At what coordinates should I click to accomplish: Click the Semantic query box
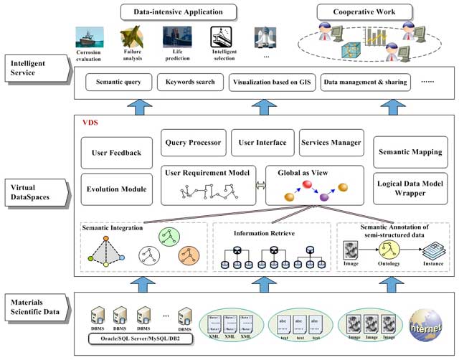(118, 82)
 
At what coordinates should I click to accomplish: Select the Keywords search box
(189, 82)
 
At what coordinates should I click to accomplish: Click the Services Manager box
(331, 142)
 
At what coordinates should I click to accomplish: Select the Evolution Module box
(116, 189)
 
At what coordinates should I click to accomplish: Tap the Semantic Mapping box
(410, 151)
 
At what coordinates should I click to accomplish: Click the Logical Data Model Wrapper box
(410, 188)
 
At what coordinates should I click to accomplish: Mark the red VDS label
(90, 123)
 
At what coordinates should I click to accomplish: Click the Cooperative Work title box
(364, 12)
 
